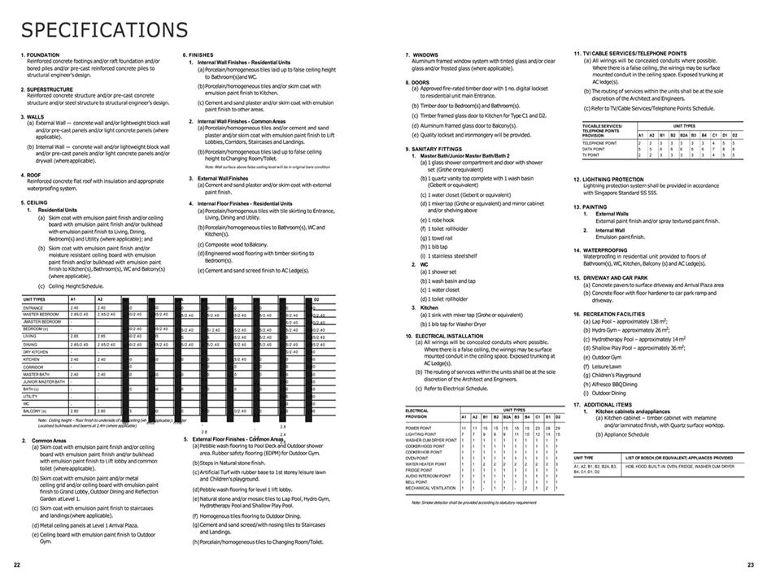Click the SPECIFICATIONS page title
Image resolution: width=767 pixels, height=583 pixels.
point(104,30)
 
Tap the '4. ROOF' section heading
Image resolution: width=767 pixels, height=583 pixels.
point(33,175)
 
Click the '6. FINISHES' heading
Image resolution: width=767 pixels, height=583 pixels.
point(198,54)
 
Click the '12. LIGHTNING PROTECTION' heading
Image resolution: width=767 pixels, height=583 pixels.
point(610,180)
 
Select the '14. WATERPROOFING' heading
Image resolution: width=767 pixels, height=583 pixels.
point(603,250)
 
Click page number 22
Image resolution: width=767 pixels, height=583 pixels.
point(16,564)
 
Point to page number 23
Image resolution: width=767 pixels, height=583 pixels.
point(750,564)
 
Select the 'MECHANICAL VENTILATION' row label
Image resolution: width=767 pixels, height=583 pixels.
point(431,488)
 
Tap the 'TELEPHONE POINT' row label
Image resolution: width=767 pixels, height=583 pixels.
point(599,143)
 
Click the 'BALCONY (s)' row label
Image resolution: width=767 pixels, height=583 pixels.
point(37,411)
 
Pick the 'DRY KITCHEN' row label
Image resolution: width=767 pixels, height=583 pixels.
point(37,352)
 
